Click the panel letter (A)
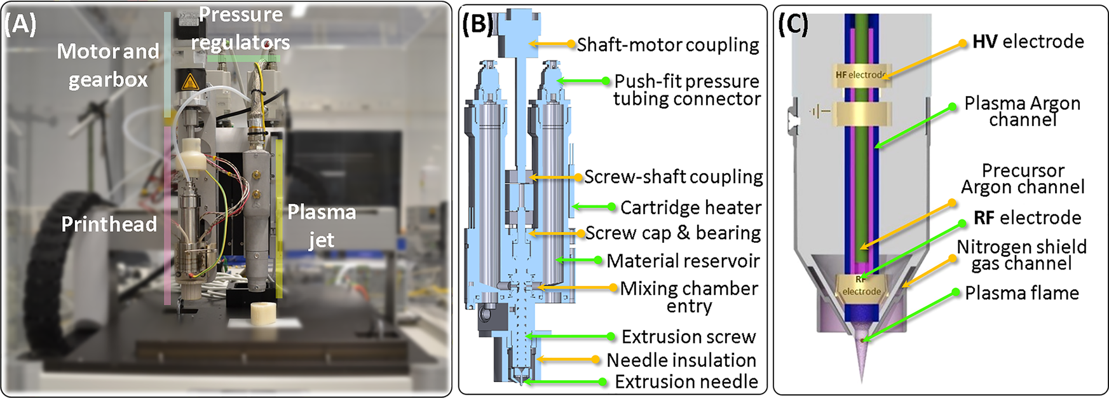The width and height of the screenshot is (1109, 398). [x=20, y=25]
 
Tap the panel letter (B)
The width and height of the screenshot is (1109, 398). [x=477, y=24]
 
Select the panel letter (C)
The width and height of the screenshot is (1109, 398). [x=793, y=24]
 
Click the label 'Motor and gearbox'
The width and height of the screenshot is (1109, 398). [x=108, y=65]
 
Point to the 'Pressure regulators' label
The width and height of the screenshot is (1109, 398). [x=241, y=29]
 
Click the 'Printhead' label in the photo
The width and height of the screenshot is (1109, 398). [x=109, y=224]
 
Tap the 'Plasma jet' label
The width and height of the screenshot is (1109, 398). [x=322, y=226]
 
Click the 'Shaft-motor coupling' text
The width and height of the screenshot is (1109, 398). [x=668, y=45]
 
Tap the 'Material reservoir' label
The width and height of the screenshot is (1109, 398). [x=683, y=261]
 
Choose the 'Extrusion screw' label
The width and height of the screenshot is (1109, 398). [x=689, y=336]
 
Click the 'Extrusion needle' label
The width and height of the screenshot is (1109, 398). [x=686, y=381]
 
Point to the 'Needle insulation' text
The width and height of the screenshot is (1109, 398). [x=681, y=360]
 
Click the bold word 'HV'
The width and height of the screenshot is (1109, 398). [x=984, y=42]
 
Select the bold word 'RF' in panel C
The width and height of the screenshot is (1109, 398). [x=984, y=218]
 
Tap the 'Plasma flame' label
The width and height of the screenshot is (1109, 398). [x=1022, y=293]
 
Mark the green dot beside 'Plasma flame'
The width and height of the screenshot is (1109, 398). [x=955, y=292]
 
